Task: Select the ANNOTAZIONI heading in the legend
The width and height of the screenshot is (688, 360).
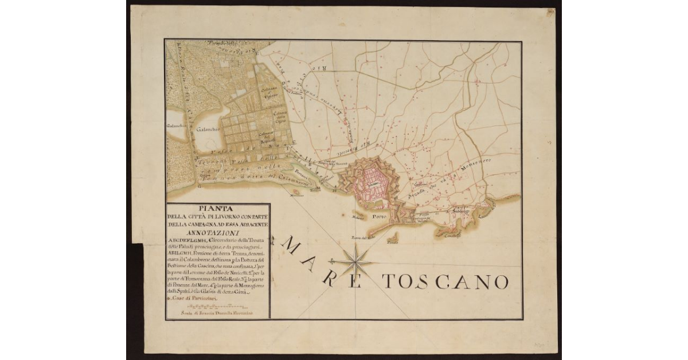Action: pyautogui.click(x=217, y=233)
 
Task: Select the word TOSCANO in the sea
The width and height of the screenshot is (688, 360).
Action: pyautogui.click(x=445, y=281)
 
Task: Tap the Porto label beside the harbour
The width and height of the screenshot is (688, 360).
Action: pyautogui.click(x=378, y=217)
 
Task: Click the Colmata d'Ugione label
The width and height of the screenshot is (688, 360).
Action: pyautogui.click(x=271, y=92)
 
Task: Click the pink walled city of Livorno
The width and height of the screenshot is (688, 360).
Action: pyautogui.click(x=373, y=183)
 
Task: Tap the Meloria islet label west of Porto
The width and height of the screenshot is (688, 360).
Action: pyautogui.click(x=359, y=218)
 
